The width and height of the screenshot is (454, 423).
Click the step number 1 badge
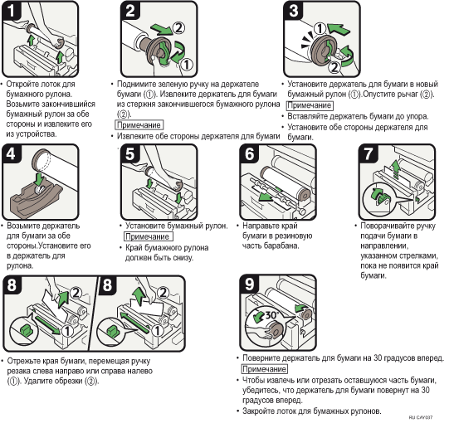[12, 11]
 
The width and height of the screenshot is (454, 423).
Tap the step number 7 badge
[369, 153]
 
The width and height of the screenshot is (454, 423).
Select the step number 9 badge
[250, 284]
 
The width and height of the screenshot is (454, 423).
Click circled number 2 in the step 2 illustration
[178, 28]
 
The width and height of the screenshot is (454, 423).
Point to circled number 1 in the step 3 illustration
[320, 29]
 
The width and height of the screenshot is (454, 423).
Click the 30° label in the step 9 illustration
[271, 315]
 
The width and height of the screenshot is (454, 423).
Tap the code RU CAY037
[421, 417]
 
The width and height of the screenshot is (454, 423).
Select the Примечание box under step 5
[149, 236]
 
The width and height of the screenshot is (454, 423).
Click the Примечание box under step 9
[265, 369]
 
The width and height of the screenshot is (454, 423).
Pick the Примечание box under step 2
[139, 125]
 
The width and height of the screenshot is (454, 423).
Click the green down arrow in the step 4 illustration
[38, 179]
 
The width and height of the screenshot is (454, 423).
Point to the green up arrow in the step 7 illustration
[394, 170]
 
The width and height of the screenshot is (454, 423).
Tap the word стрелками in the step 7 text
[419, 255]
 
